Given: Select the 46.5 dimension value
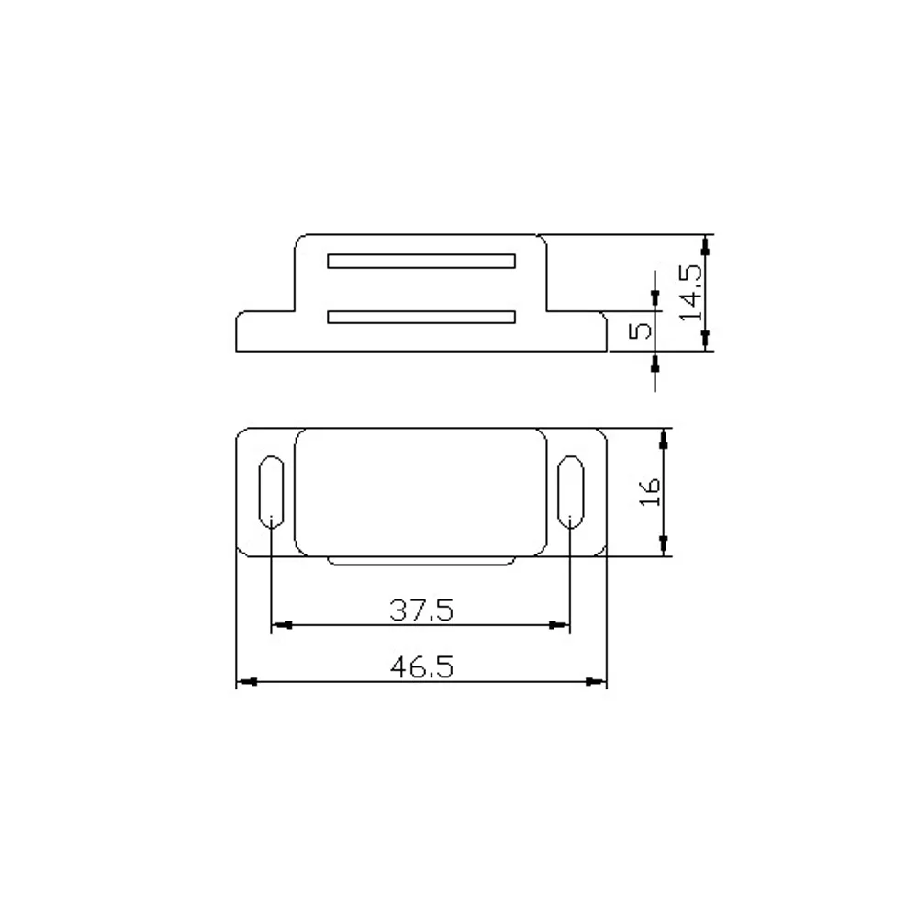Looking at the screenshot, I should point(421,666).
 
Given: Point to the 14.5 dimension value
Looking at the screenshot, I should point(690,292).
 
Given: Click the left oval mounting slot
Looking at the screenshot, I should point(271,491).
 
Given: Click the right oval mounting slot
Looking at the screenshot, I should point(570,491).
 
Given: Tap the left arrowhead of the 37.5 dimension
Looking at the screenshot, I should point(279,625).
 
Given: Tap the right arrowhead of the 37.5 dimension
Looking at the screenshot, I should point(561,625).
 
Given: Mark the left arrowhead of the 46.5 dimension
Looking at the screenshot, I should point(245,681).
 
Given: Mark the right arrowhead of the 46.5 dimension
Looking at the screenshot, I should point(599,681).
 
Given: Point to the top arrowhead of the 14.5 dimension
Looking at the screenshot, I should point(705,242).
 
